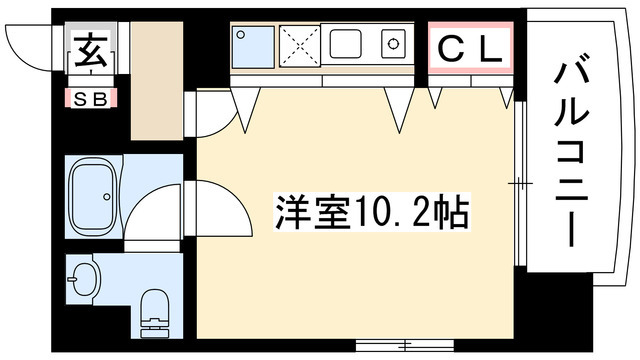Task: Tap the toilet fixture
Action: coord(155,310)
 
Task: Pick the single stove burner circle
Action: coord(393,45)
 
